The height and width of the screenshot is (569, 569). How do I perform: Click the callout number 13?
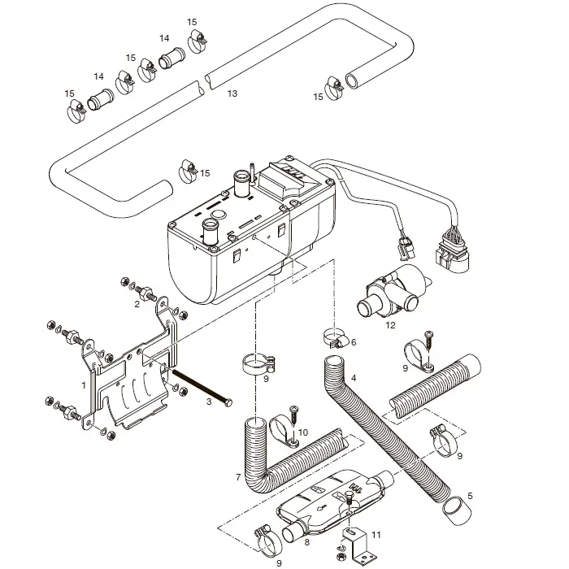[232, 94]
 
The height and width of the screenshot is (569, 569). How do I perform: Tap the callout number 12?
[390, 325]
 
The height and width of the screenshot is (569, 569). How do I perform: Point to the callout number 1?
[84, 383]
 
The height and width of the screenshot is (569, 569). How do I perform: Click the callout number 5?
[469, 496]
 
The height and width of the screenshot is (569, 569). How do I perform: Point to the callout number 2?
[137, 305]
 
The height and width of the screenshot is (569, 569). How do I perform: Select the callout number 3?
[209, 402]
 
